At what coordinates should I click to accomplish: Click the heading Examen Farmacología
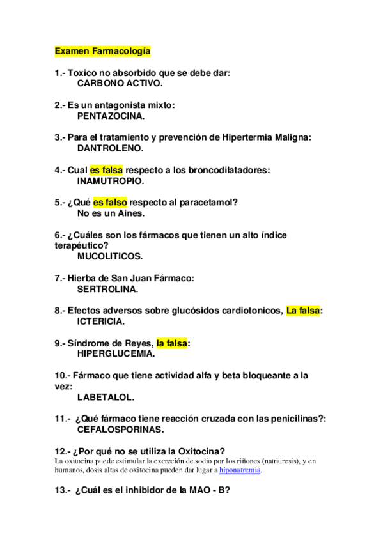[102, 50]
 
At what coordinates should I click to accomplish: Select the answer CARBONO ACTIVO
[120, 83]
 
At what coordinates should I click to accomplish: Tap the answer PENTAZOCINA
[111, 116]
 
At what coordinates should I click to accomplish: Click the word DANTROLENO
[110, 148]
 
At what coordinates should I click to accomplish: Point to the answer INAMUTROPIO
[110, 181]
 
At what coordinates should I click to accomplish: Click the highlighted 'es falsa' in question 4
[106, 171]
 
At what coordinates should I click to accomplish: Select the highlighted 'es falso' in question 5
[110, 203]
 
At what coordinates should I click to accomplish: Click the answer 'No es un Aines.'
[111, 213]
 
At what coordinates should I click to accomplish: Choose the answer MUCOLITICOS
[110, 256]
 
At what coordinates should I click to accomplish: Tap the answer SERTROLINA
[107, 289]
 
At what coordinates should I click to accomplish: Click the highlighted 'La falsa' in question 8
[303, 311]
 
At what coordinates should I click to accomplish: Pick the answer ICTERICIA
[101, 321]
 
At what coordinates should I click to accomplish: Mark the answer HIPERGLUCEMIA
[116, 353]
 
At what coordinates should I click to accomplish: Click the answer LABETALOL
[106, 397]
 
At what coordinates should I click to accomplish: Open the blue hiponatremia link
[240, 470]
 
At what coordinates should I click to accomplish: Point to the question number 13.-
[63, 490]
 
